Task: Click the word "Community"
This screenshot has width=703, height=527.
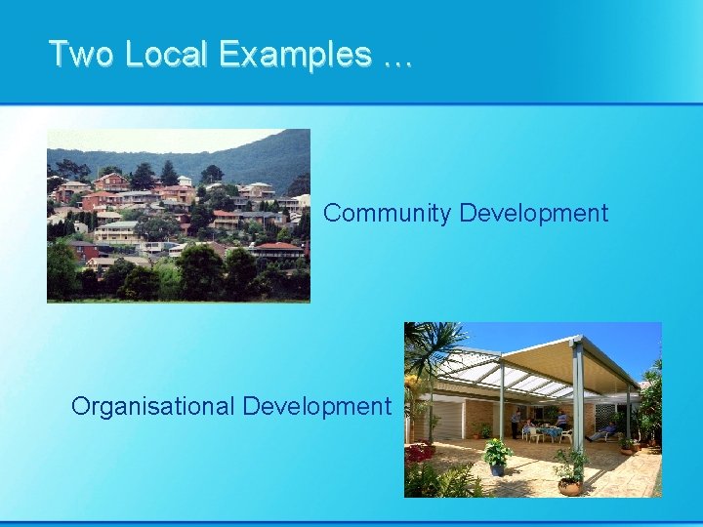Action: click(x=388, y=213)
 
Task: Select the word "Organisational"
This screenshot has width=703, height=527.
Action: click(x=153, y=406)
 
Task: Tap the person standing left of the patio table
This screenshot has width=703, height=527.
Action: click(x=516, y=422)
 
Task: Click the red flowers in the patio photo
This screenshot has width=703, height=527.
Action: click(x=420, y=453)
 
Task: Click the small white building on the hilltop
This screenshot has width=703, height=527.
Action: click(x=184, y=181)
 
